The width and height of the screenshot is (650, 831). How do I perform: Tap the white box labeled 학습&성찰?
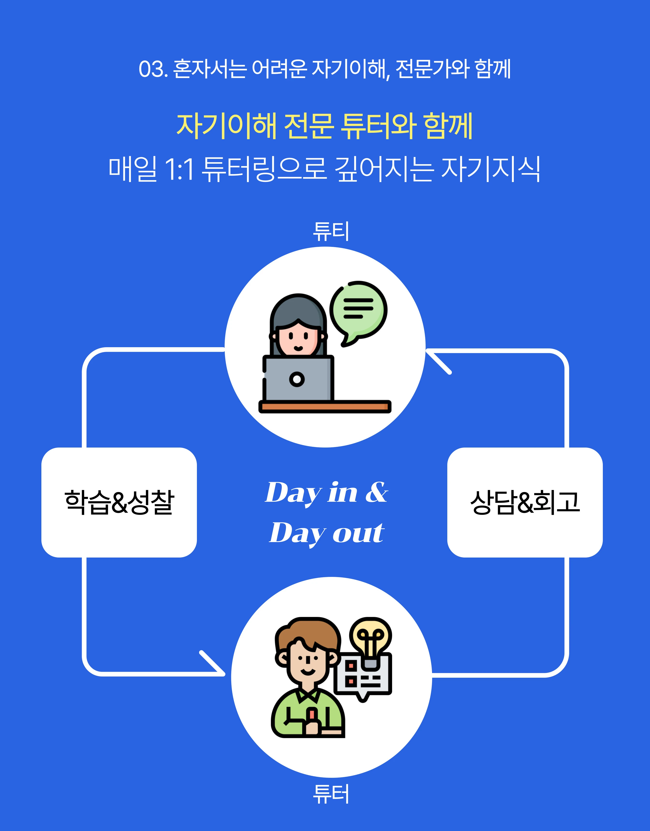[119, 502]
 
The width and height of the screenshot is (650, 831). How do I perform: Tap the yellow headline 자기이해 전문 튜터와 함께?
[325, 125]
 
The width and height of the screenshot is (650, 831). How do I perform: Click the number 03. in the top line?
[153, 69]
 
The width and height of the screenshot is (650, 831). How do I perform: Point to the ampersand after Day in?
[377, 492]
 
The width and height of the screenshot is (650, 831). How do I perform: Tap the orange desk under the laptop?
[325, 406]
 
